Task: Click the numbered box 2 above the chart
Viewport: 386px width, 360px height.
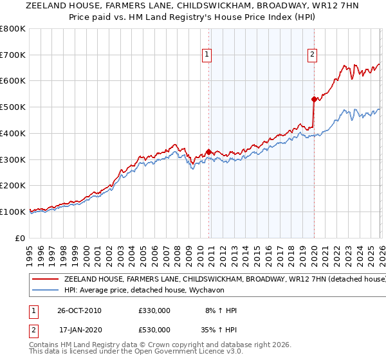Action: tap(312, 55)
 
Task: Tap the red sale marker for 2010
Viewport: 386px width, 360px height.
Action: tap(208, 152)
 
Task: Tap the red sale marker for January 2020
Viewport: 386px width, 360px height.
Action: tap(313, 99)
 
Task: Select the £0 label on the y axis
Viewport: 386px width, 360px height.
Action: tap(21, 238)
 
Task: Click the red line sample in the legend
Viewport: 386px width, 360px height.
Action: tap(45, 280)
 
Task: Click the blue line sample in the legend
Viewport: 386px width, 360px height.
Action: tap(45, 291)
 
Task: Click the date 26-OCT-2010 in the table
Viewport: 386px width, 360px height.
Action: tap(80, 310)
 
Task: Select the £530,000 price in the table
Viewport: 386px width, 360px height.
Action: tap(154, 330)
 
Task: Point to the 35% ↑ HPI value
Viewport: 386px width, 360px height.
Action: tap(219, 330)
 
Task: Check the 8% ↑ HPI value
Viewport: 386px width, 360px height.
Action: tap(221, 310)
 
